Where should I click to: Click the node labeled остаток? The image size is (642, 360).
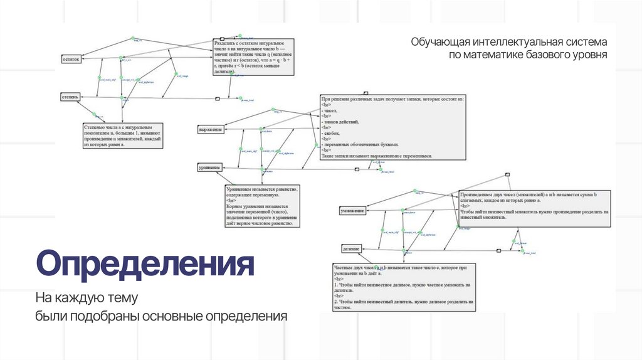click(x=70, y=59)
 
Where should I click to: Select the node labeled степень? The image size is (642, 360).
click(x=70, y=97)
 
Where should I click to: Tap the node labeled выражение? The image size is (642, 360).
click(x=211, y=129)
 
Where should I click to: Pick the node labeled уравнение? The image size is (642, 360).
click(x=209, y=167)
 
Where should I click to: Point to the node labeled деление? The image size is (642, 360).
click(x=351, y=248)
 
